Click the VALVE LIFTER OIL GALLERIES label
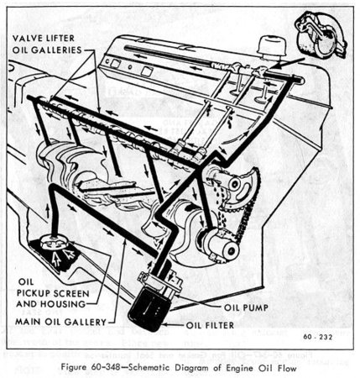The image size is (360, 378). click(47, 44)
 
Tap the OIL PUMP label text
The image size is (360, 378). click(246, 307)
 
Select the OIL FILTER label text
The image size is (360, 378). click(210, 325)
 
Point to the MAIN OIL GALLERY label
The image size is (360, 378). click(61, 322)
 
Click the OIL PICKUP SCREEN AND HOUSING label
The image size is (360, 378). click(53, 293)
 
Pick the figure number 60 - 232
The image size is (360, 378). click(318, 337)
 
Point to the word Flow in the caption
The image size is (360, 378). click(286, 368)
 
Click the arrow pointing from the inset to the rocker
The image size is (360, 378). click(288, 63)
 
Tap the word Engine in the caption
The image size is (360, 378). click(248, 368)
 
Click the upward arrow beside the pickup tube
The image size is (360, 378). click(48, 211)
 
